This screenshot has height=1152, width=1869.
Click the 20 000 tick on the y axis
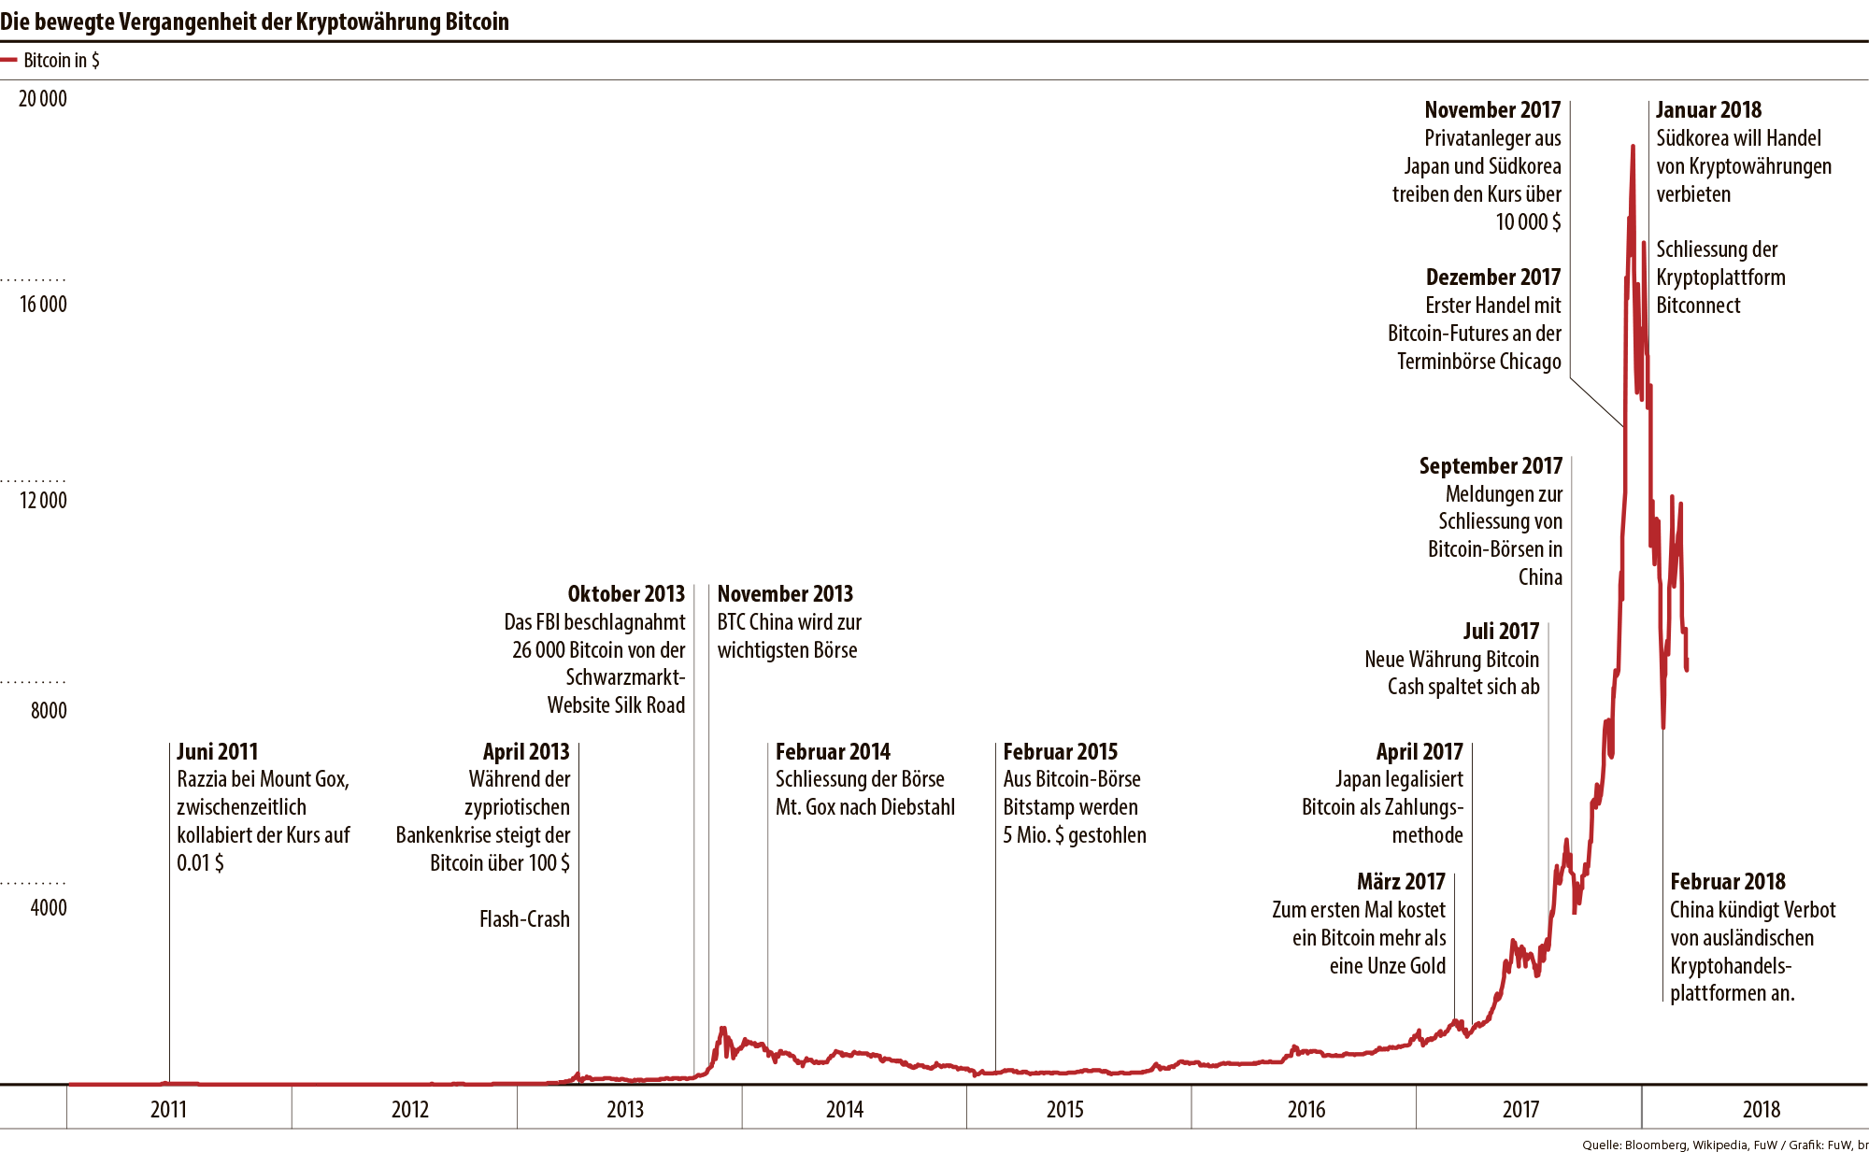(x=43, y=99)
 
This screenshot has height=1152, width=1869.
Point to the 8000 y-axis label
(x=49, y=711)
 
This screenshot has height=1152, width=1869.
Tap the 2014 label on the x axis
(x=844, y=1109)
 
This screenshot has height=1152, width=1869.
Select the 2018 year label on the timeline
(x=1761, y=1109)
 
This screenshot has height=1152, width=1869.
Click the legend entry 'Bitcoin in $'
(x=60, y=61)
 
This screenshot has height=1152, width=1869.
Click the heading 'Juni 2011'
(x=217, y=752)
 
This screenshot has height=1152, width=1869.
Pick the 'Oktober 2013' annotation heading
(x=626, y=594)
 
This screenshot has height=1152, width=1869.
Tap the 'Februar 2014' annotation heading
(x=832, y=752)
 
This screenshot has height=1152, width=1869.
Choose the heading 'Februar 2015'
(x=1060, y=752)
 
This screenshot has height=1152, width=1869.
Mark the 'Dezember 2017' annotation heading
(x=1492, y=277)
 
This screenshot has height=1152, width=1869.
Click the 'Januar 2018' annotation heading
(x=1708, y=110)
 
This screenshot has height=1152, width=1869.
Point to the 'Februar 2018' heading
(x=1727, y=882)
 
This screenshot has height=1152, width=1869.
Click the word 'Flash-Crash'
(x=524, y=919)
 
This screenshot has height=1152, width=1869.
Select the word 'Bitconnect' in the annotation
(x=1698, y=306)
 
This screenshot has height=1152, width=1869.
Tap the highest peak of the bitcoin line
(x=1633, y=148)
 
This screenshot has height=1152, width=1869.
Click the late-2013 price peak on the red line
(x=722, y=1029)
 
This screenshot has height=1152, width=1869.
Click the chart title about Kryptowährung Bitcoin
(x=254, y=21)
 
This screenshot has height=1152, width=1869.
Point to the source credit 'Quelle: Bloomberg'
(x=1635, y=1145)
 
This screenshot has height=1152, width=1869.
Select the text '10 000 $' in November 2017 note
(x=1528, y=222)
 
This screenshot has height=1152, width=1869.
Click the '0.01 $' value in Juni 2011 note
(x=200, y=863)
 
